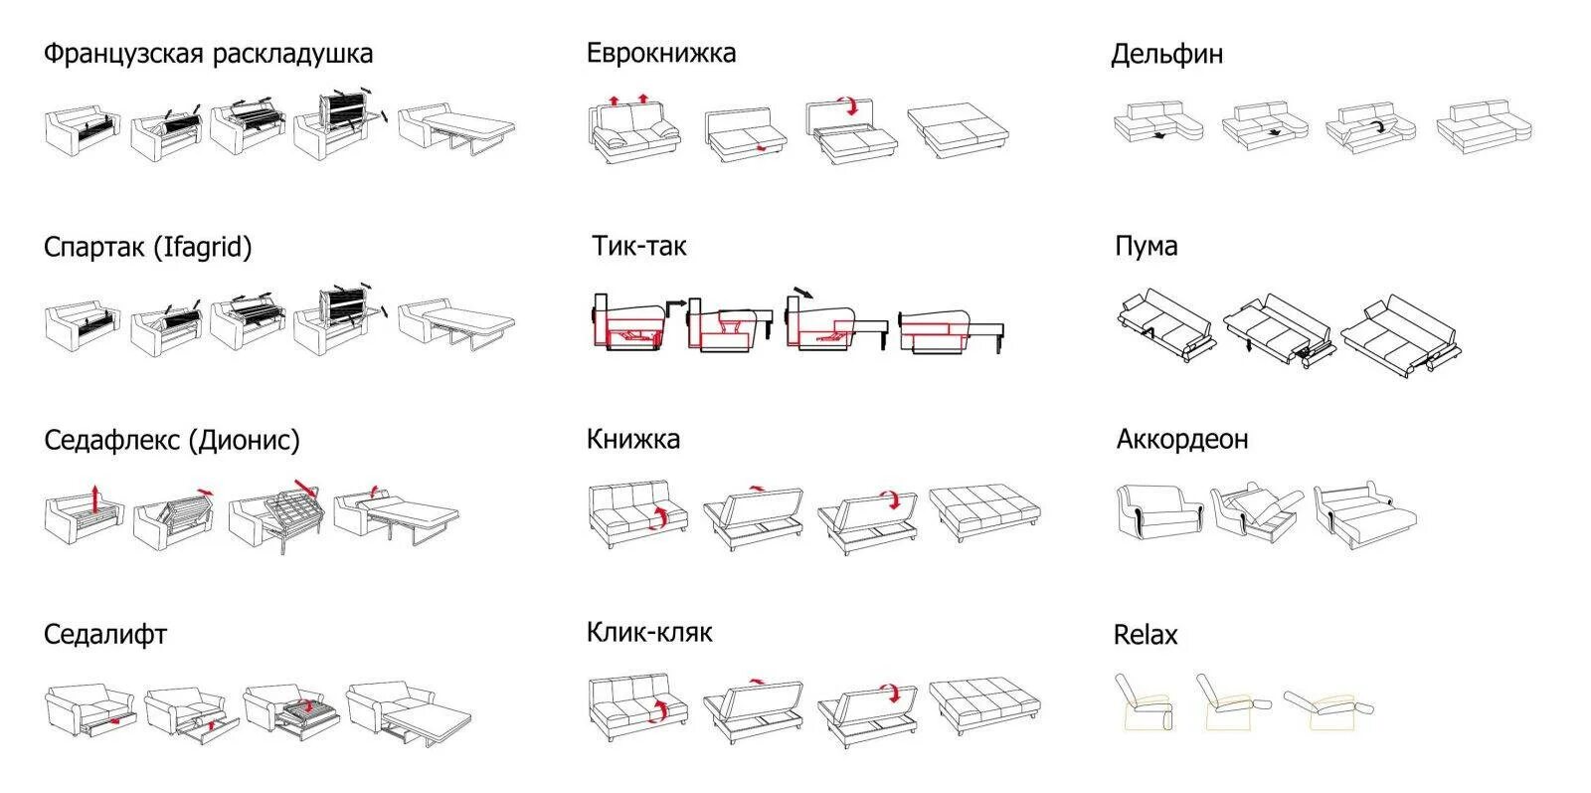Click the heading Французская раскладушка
click(208, 54)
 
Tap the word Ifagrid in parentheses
click(202, 248)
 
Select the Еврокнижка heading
click(660, 53)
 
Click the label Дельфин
click(1166, 54)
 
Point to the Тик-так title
click(638, 246)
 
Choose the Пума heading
click(1146, 246)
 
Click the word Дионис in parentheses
click(244, 440)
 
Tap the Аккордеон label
click(1181, 439)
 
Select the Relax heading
click(1145, 635)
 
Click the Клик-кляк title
click(648, 632)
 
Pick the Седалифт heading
click(105, 634)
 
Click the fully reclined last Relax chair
click(1328, 707)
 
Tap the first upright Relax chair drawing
click(1144, 702)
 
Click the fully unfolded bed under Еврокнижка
click(957, 129)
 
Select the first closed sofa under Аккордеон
click(1156, 511)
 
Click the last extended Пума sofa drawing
click(1402, 331)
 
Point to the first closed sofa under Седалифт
click(89, 708)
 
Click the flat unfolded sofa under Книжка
click(984, 511)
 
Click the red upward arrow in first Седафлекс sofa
click(94, 496)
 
